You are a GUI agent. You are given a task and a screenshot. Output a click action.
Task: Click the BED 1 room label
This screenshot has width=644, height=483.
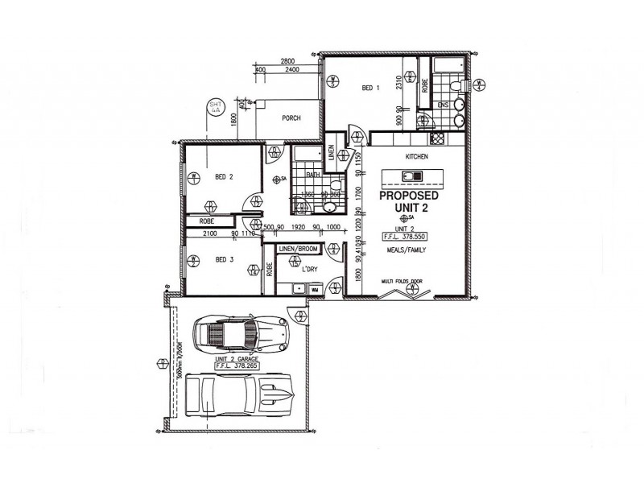click(370, 89)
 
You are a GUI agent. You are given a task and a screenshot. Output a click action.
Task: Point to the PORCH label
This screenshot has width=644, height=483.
click(291, 118)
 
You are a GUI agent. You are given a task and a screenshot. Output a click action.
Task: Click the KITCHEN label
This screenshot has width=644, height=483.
click(416, 156)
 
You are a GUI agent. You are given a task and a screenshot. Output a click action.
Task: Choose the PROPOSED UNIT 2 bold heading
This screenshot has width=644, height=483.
click(409, 202)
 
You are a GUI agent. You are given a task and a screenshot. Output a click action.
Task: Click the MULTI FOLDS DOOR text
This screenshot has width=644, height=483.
click(402, 282)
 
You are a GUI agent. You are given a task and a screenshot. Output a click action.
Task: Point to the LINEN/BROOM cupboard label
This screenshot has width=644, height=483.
click(299, 250)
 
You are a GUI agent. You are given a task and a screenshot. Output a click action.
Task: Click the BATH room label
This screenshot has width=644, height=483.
click(312, 175)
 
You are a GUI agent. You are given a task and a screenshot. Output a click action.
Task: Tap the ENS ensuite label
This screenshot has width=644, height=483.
click(443, 105)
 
